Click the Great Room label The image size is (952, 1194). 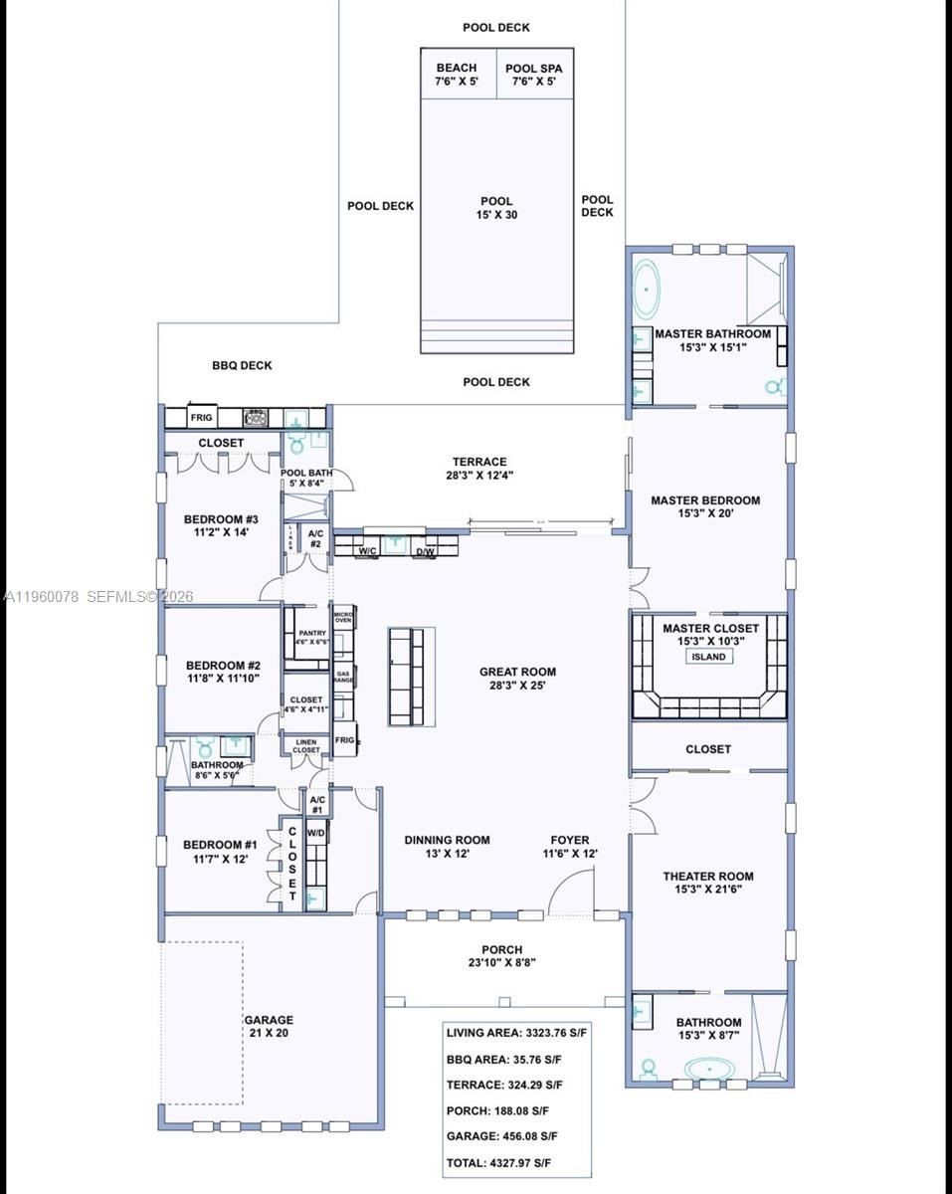517,679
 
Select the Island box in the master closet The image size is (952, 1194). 708,658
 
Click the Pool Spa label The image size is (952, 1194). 534,76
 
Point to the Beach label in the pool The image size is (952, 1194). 456,76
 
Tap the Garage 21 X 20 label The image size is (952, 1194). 269,1027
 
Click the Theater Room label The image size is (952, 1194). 708,883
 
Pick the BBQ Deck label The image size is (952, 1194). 242,365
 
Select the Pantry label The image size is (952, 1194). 311,637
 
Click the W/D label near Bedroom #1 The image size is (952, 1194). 316,833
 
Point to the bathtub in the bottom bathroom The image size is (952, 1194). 708,1071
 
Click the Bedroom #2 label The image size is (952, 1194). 223,673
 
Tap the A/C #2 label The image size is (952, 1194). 315,538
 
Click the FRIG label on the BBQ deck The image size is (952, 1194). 202,418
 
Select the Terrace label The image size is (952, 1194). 479,468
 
